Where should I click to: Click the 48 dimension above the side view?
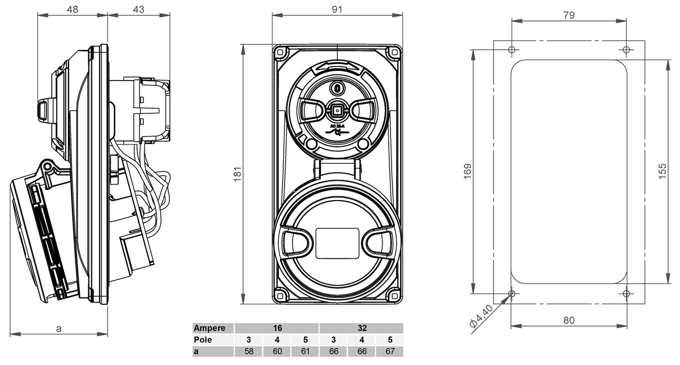(x=72, y=10)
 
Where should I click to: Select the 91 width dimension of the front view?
(x=337, y=10)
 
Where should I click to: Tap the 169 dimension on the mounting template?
(x=467, y=171)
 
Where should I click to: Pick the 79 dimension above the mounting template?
(x=569, y=15)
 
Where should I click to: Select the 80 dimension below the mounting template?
(x=569, y=320)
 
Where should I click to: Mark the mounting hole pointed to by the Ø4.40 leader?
(x=512, y=293)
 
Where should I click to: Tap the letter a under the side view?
(x=59, y=328)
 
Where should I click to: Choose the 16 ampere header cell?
(x=277, y=328)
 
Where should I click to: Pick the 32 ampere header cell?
(x=362, y=328)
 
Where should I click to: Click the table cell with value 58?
(x=249, y=352)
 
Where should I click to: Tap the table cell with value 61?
(x=305, y=352)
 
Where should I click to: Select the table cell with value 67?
(x=389, y=352)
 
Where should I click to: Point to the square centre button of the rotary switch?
(x=337, y=110)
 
